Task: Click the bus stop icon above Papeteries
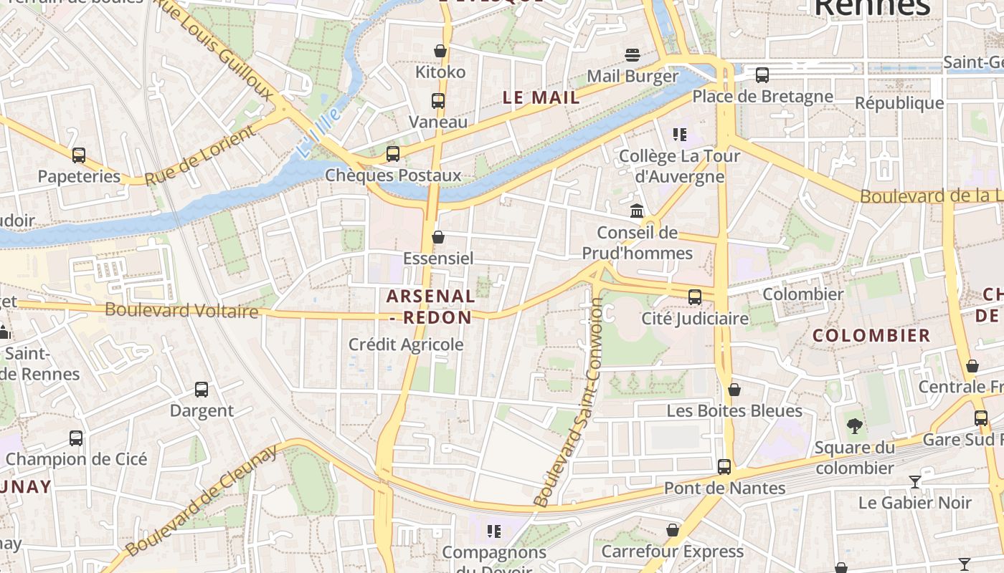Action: click(x=79, y=155)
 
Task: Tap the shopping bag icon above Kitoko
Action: click(x=440, y=51)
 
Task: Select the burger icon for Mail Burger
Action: click(x=632, y=55)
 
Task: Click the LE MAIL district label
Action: click(x=541, y=98)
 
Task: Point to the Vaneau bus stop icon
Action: click(x=438, y=101)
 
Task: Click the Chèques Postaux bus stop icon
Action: click(x=392, y=154)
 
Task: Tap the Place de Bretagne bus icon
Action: click(x=762, y=74)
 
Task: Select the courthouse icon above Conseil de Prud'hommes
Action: click(x=637, y=211)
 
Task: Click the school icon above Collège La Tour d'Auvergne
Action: click(x=679, y=135)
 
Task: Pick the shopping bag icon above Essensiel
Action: click(x=438, y=237)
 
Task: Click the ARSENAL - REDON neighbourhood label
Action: click(x=430, y=307)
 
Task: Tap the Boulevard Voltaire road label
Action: click(x=181, y=311)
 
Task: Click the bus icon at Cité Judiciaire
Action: click(x=694, y=297)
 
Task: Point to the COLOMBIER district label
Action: click(x=871, y=335)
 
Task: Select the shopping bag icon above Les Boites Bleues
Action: click(x=734, y=390)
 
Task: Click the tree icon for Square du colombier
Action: click(x=854, y=427)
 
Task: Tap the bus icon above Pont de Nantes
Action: click(x=724, y=467)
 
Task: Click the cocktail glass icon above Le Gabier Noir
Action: click(x=915, y=481)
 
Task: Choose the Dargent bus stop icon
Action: click(x=202, y=390)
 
